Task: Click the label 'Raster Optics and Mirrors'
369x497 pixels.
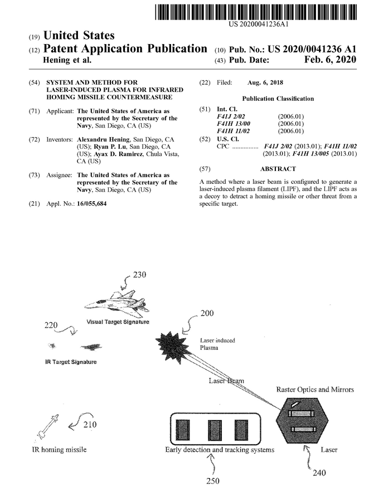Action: coord(315,389)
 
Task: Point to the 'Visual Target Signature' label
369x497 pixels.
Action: coord(118,323)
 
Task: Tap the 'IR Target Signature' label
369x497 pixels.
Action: coord(70,362)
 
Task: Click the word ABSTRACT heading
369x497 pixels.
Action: coord(277,168)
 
